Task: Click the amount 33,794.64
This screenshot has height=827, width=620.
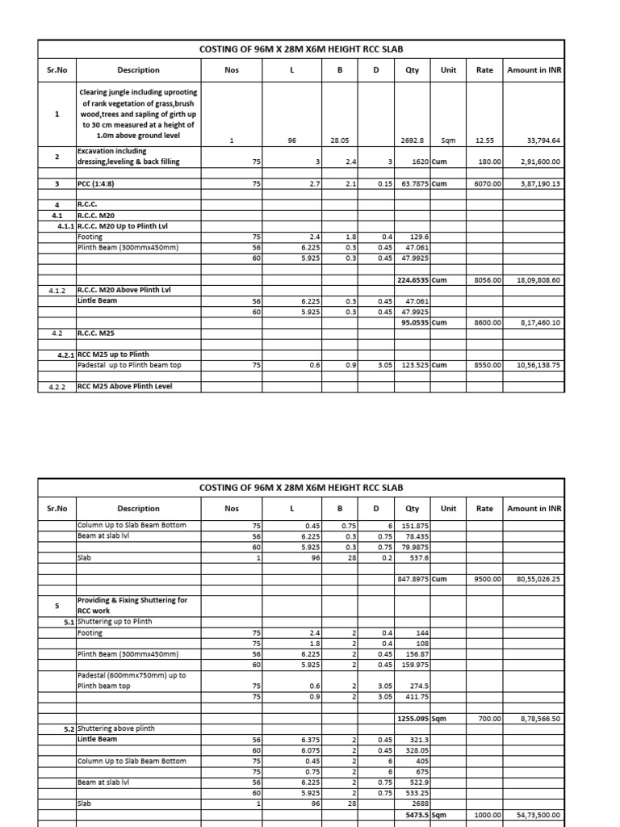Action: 543,141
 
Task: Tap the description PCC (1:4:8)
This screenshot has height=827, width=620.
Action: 100,184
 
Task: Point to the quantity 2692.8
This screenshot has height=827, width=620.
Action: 413,141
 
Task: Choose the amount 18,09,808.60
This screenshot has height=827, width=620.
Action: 538,280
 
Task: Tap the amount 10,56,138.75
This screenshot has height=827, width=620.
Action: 538,365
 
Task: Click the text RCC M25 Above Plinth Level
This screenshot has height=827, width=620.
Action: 125,386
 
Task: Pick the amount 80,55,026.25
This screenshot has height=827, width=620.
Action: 538,579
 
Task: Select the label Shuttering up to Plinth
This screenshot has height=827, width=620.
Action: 114,622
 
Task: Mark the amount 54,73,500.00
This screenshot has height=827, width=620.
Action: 538,815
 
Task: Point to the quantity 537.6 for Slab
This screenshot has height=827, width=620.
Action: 417,557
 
